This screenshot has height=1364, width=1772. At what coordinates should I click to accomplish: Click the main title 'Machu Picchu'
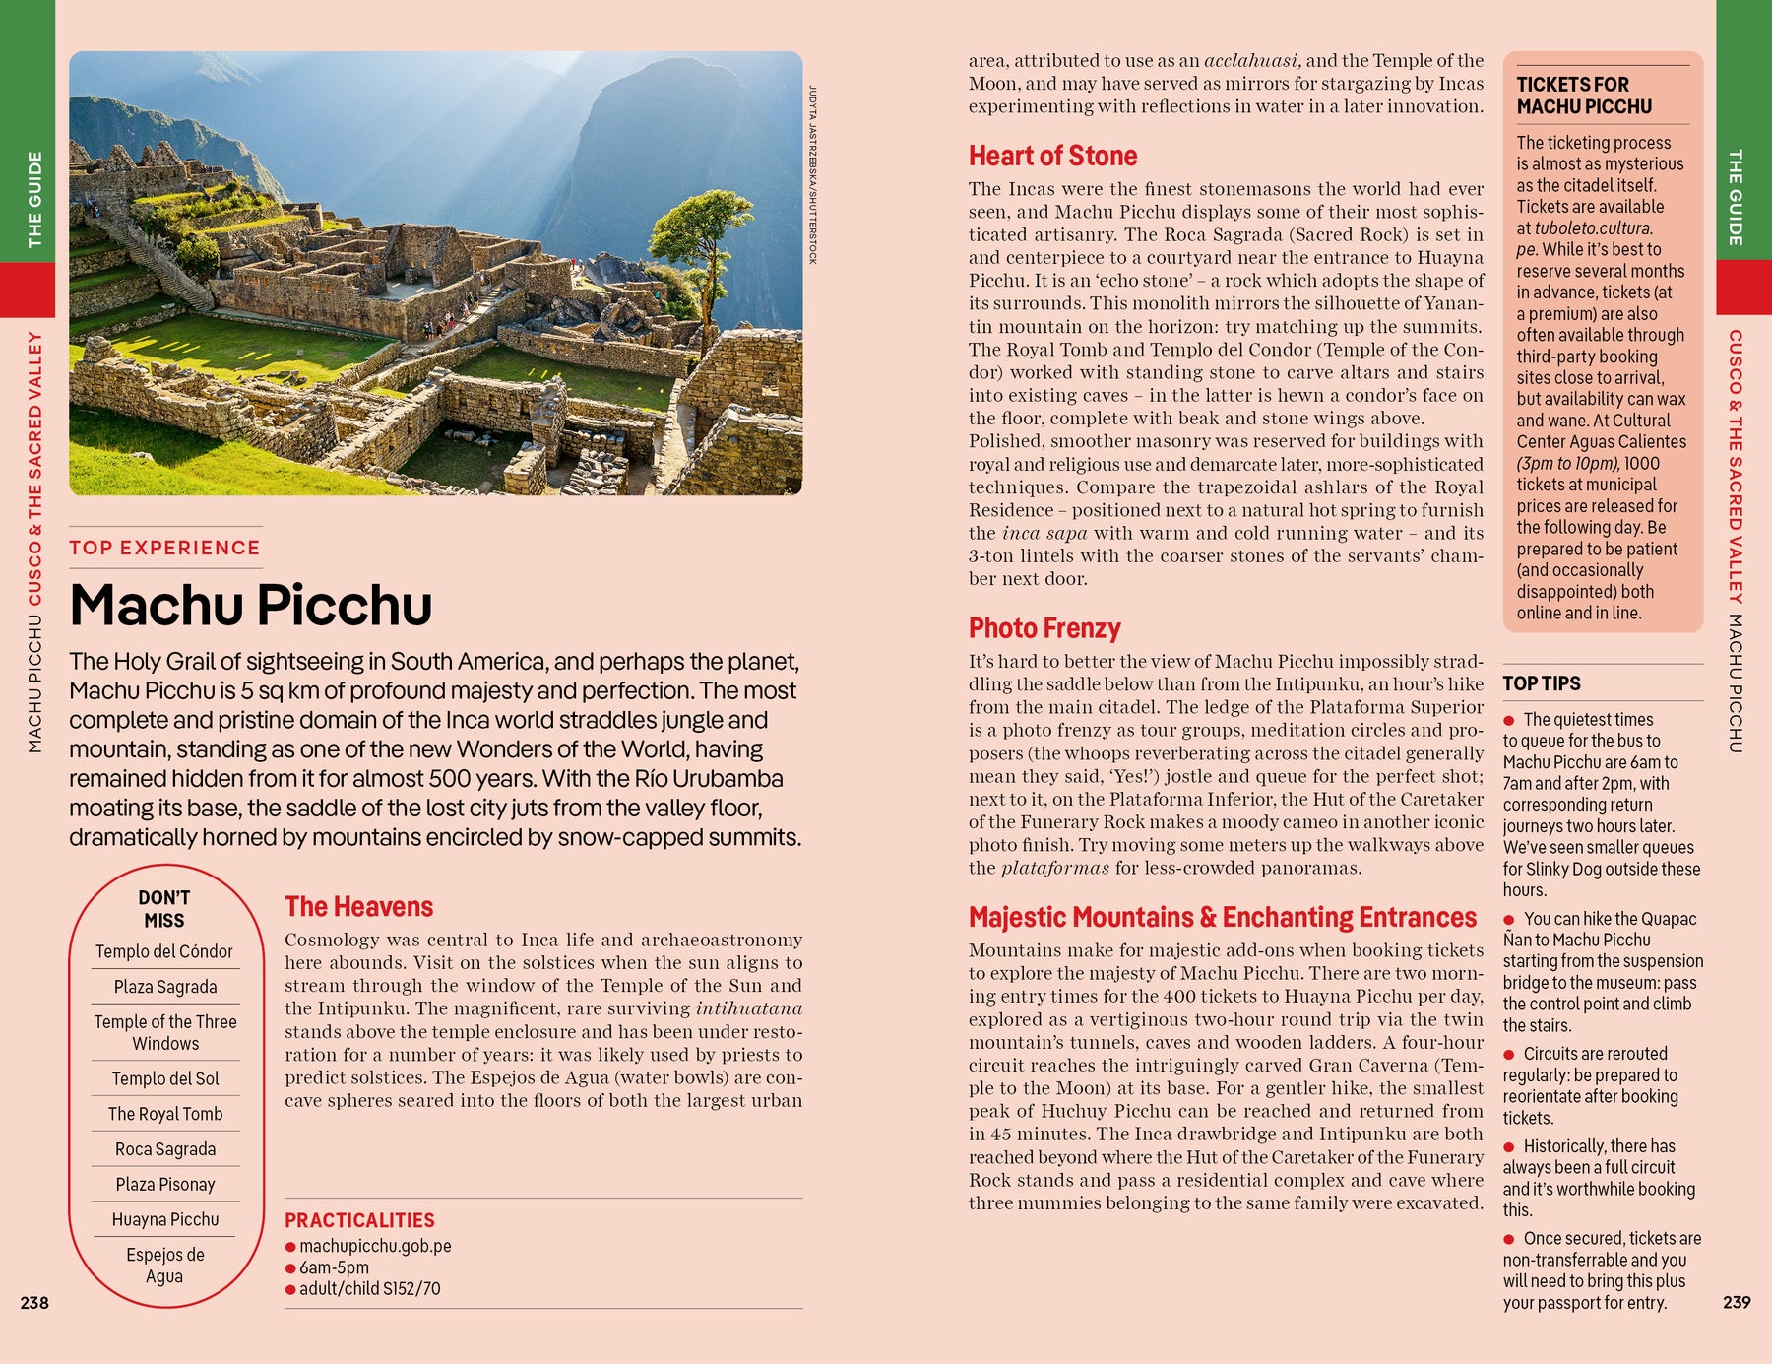[x=251, y=605]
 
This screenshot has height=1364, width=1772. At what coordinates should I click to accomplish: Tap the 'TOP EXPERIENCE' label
[x=164, y=548]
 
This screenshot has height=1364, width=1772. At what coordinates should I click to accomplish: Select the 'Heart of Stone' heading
[x=1052, y=156]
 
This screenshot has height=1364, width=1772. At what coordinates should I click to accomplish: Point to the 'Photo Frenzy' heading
[x=1044, y=628]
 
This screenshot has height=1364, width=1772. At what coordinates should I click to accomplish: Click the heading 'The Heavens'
[x=358, y=906]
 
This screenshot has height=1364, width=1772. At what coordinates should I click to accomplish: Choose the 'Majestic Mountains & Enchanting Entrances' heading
[x=1222, y=917]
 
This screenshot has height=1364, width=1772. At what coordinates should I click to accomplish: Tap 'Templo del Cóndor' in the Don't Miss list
[x=164, y=951]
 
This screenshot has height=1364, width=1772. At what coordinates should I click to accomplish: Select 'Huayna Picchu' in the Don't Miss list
[x=165, y=1219]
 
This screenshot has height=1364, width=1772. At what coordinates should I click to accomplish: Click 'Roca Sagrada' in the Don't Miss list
[x=165, y=1148]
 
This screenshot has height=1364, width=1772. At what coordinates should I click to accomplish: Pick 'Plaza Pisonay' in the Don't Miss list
[x=165, y=1184]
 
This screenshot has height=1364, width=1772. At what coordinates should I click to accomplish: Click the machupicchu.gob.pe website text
[x=375, y=1246]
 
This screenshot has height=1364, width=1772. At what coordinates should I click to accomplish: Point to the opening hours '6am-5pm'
[x=334, y=1267]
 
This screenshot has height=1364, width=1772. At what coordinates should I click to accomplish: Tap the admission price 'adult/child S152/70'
[x=369, y=1288]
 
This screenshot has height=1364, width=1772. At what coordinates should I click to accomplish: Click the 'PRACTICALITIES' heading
[x=359, y=1220]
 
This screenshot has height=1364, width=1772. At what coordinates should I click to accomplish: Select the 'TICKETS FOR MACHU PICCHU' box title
[x=1583, y=96]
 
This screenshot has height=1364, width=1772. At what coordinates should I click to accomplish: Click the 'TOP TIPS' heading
[x=1541, y=683]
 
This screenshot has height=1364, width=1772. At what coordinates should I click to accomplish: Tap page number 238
[x=34, y=1303]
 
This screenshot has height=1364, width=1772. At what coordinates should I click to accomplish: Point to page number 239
[x=1737, y=1302]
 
